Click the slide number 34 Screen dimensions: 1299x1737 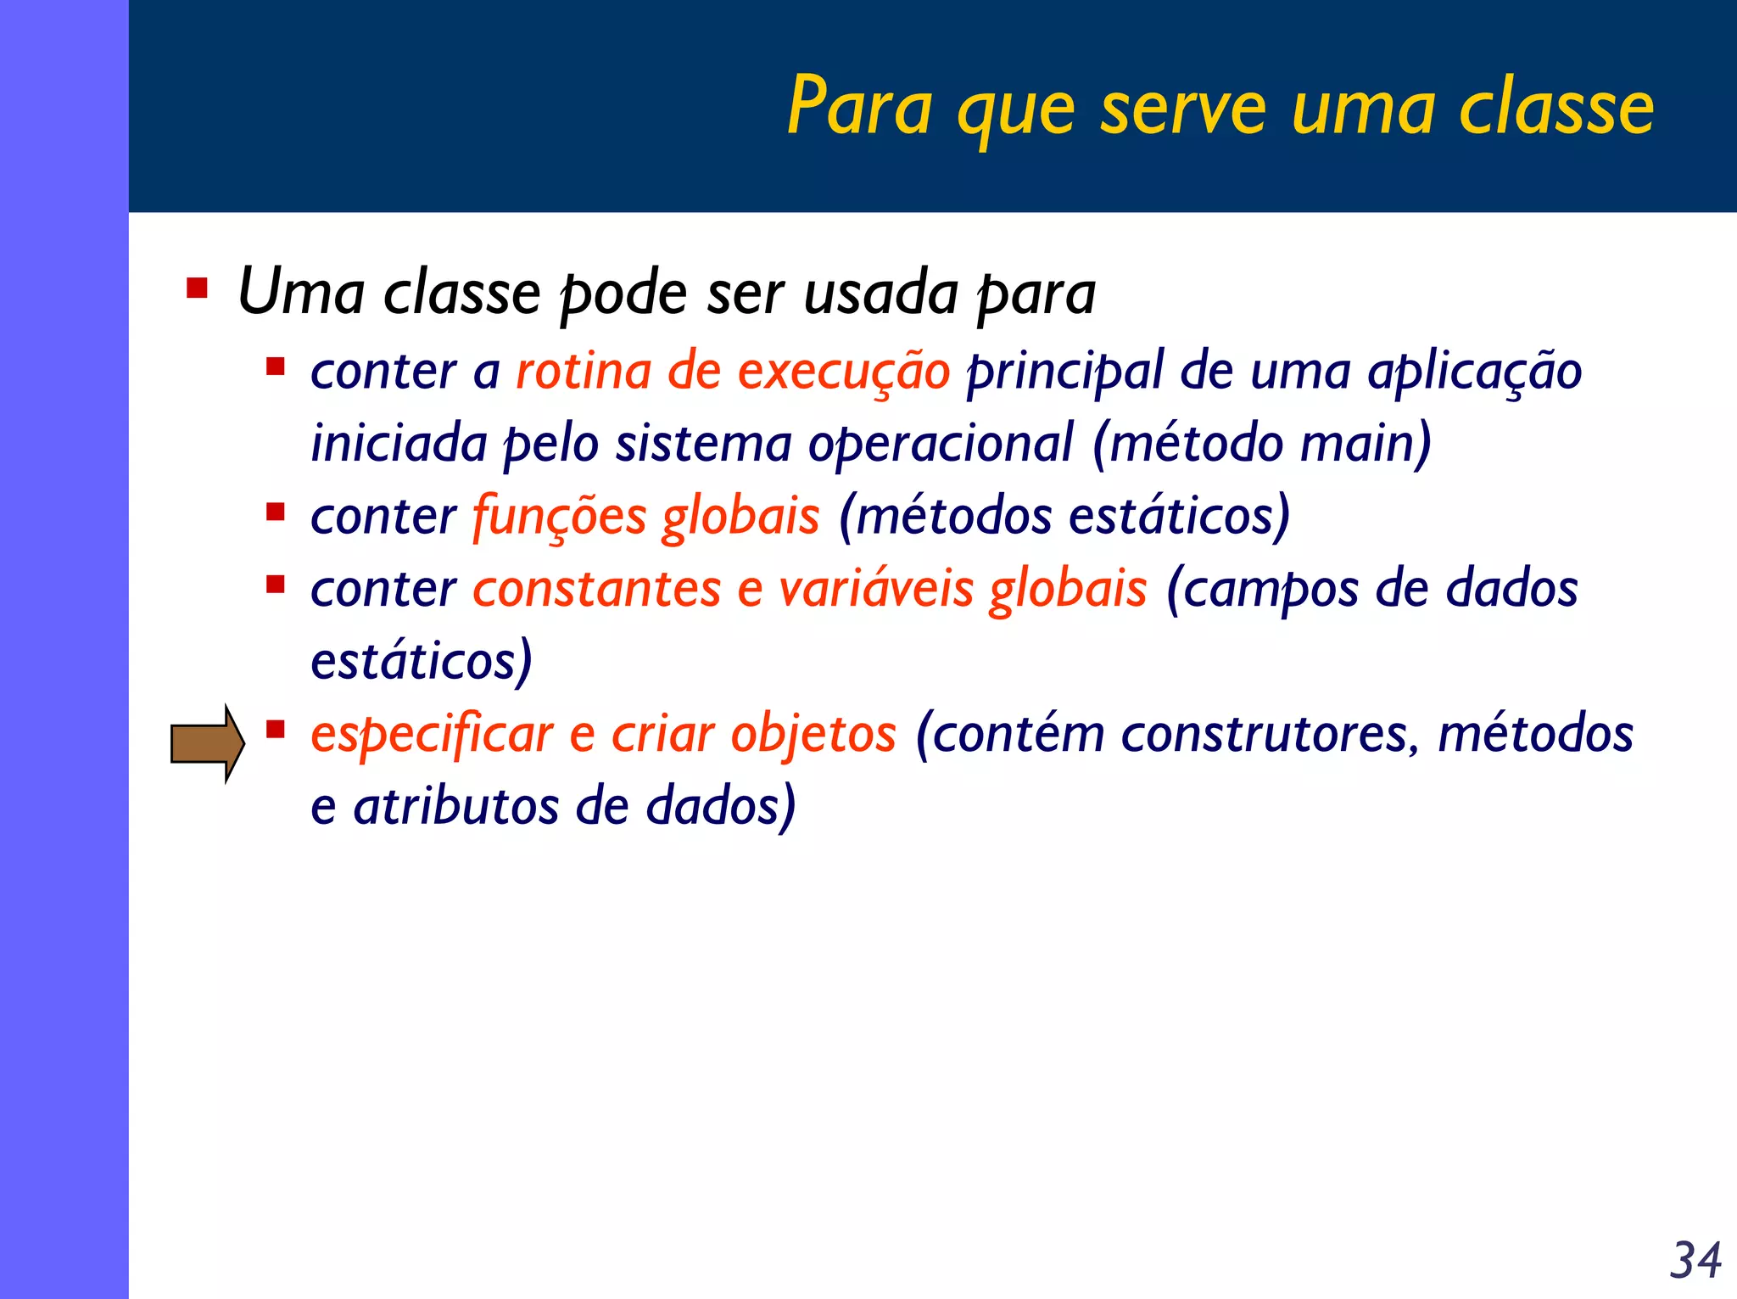click(x=1695, y=1260)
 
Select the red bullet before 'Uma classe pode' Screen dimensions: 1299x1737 click(x=198, y=288)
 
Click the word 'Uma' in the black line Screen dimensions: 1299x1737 click(x=301, y=292)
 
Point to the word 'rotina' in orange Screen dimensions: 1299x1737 click(x=584, y=372)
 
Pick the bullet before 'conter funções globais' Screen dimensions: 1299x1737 click(x=275, y=512)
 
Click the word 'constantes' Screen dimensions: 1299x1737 click(x=596, y=589)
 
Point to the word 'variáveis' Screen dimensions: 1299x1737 click(x=876, y=589)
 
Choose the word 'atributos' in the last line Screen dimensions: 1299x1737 click(x=455, y=806)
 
